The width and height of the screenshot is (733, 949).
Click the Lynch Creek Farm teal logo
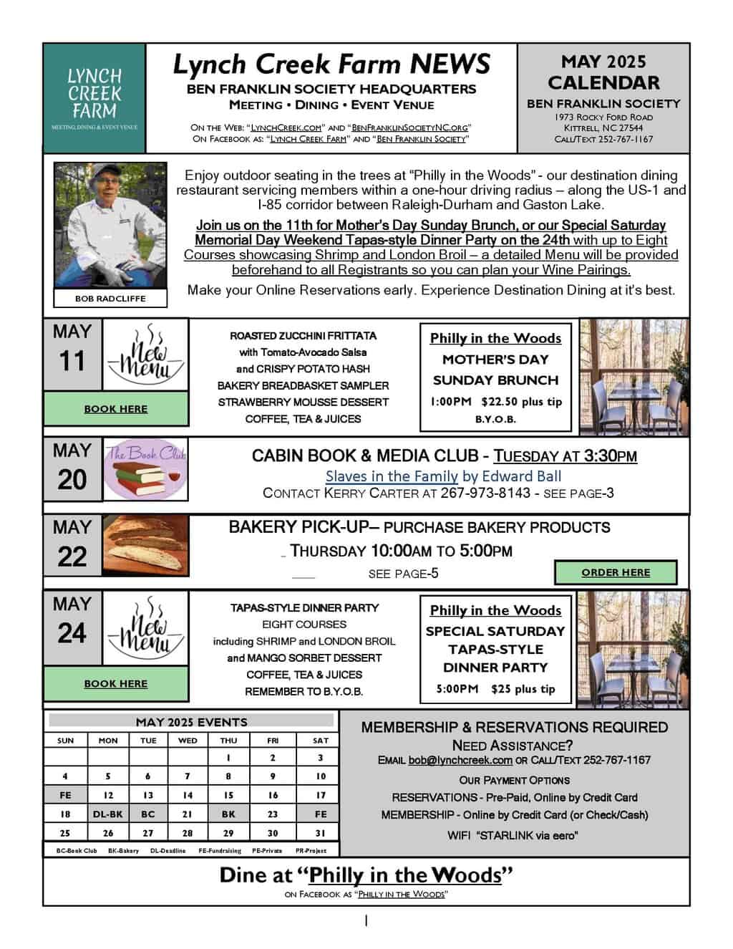tap(94, 97)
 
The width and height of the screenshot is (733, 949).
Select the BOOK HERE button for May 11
tap(116, 409)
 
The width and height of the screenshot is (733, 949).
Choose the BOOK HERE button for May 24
tap(116, 684)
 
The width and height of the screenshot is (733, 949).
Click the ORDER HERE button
tap(616, 573)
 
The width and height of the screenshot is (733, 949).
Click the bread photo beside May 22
tap(146, 546)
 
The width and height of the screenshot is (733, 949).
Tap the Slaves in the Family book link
tap(392, 476)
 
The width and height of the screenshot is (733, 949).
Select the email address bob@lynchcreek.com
tap(460, 761)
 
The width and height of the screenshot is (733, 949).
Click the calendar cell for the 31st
tap(321, 833)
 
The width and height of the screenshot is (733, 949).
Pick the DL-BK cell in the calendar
tap(108, 814)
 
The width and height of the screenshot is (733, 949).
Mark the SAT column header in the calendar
tap(321, 741)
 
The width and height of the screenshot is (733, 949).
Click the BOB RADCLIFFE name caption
tap(110, 299)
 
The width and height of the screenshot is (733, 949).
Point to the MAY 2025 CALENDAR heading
tap(603, 72)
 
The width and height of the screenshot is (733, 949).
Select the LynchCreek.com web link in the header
tap(286, 127)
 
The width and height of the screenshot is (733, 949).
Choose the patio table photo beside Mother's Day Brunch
tap(634, 376)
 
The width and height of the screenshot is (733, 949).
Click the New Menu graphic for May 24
tap(146, 628)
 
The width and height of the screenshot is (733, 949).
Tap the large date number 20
tap(72, 480)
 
